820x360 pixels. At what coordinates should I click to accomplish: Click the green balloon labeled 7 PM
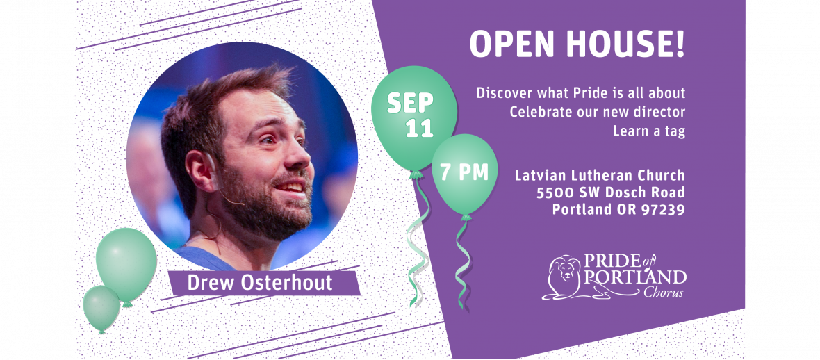tap(465, 173)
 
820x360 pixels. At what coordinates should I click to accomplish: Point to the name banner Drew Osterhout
tap(259, 283)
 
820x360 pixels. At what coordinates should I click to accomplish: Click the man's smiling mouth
tap(290, 187)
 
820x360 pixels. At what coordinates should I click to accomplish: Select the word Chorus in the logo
tap(663, 292)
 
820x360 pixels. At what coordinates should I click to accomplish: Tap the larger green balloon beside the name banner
tap(126, 265)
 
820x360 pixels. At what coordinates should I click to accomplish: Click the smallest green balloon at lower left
tap(101, 309)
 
